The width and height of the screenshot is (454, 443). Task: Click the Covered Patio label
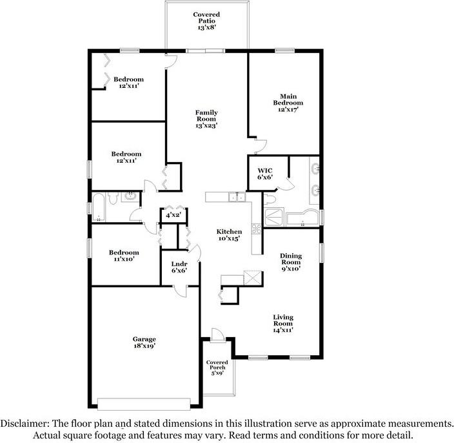pyautogui.click(x=206, y=17)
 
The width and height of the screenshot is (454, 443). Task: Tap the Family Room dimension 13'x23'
pyautogui.click(x=206, y=125)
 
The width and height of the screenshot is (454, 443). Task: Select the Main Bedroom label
pyautogui.click(x=288, y=99)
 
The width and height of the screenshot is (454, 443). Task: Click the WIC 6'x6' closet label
pyautogui.click(x=265, y=174)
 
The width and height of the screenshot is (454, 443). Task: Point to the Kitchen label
pyautogui.click(x=229, y=232)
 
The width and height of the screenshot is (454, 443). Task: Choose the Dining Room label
pyautogui.click(x=291, y=259)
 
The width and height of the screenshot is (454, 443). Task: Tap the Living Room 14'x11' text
pyautogui.click(x=283, y=324)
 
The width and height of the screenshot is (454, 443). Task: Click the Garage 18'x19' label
pyautogui.click(x=144, y=342)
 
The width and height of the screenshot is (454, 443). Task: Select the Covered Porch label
pyautogui.click(x=217, y=365)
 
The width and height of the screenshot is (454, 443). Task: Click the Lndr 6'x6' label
pyautogui.click(x=179, y=267)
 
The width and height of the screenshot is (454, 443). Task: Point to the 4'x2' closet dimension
pyautogui.click(x=173, y=215)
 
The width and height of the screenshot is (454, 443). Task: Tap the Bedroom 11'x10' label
pyautogui.click(x=124, y=256)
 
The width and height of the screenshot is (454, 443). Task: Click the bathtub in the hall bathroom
pyautogui.click(x=99, y=207)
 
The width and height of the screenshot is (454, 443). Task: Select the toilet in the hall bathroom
pyautogui.click(x=113, y=198)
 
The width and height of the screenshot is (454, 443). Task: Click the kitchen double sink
pyautogui.click(x=237, y=197)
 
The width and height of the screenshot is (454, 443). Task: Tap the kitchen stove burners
pyautogui.click(x=257, y=229)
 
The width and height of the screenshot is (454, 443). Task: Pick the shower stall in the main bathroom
pyautogui.click(x=274, y=217)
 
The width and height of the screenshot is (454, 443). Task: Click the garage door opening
pyautogui.click(x=144, y=404)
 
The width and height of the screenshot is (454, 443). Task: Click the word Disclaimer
pyautogui.click(x=25, y=424)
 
